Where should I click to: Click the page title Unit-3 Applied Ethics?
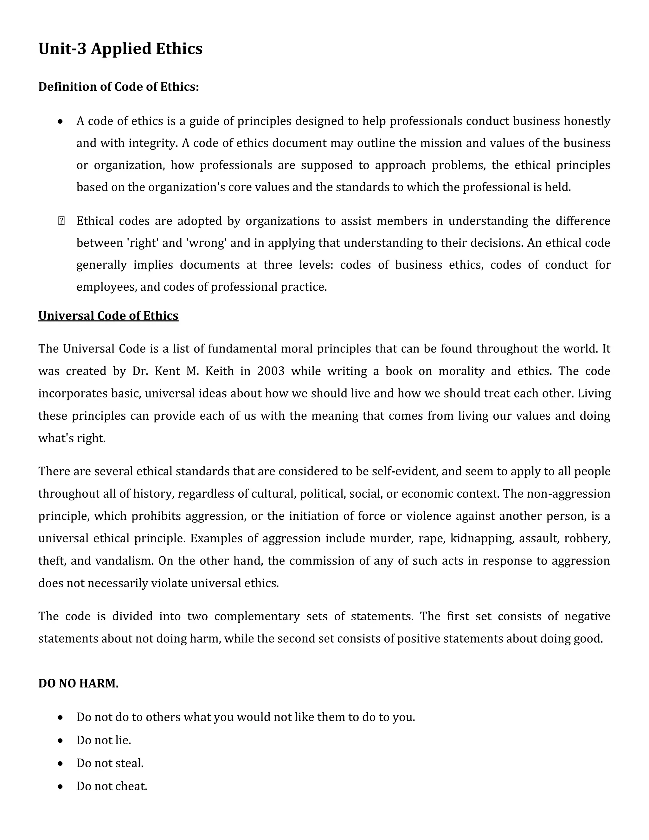point(120,49)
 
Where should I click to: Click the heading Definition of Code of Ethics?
point(119,87)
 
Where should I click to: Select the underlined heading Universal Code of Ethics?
point(108,316)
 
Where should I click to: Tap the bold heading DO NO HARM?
point(79,683)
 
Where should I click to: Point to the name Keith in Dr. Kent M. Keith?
point(219,371)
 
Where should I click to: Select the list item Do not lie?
point(104,740)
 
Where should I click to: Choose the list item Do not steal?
point(110,763)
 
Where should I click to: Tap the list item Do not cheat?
point(112,786)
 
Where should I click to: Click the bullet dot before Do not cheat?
point(60,786)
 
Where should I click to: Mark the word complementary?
point(256,616)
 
